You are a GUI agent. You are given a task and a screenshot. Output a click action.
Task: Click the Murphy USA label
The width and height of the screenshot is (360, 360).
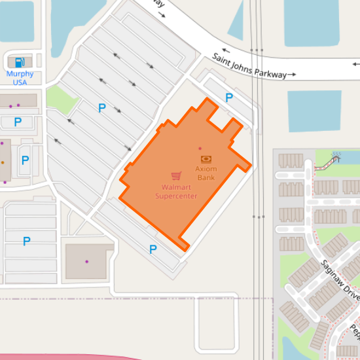20,78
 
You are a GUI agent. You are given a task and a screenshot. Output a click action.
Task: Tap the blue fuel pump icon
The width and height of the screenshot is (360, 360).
20,63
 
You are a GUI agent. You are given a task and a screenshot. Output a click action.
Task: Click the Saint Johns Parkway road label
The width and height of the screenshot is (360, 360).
249,67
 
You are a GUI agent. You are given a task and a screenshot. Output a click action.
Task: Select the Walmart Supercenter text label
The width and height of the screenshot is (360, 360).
175,192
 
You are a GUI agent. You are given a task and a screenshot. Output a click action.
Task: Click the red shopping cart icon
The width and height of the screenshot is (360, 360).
176,175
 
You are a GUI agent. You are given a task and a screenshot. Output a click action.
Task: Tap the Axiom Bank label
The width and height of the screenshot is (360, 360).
206,173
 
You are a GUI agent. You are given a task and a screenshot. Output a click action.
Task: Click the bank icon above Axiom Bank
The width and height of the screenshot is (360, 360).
206,159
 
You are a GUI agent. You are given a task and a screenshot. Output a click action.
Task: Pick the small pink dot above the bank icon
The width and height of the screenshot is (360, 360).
200,149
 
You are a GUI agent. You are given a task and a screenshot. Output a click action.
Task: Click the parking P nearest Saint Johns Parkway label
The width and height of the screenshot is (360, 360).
229,98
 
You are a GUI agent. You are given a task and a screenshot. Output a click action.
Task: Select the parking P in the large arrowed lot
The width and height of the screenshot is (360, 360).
101,108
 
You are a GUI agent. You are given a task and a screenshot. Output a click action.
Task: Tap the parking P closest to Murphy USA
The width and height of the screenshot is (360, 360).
18,122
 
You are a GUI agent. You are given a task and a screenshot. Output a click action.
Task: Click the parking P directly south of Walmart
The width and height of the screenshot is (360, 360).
153,249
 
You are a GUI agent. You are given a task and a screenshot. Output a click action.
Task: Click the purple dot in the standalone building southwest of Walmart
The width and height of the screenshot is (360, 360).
86,262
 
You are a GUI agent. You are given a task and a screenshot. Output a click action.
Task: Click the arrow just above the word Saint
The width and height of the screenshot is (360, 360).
226,50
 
